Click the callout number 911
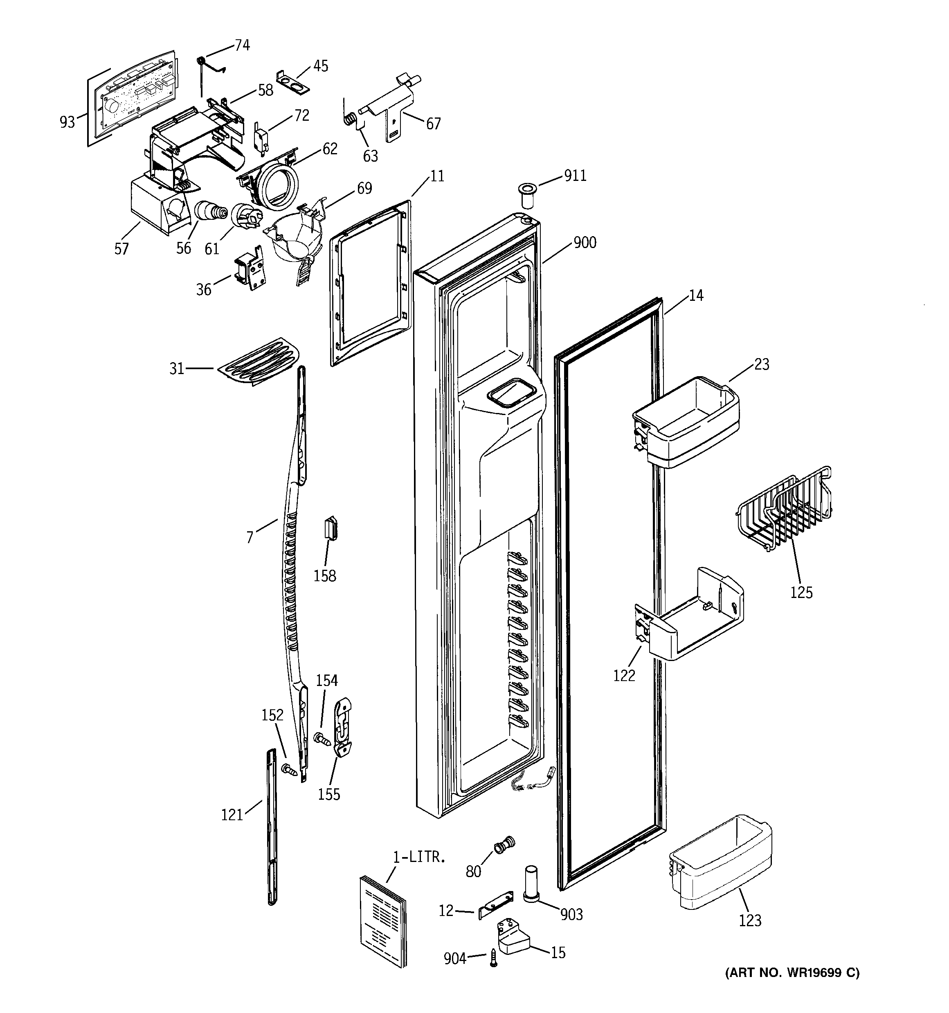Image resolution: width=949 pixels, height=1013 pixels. (575, 176)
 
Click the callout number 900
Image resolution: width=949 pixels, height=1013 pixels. (585, 243)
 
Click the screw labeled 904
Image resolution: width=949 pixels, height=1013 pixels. (492, 959)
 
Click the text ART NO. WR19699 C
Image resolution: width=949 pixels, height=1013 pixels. (792, 973)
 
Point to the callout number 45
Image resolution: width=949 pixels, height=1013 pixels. (320, 66)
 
